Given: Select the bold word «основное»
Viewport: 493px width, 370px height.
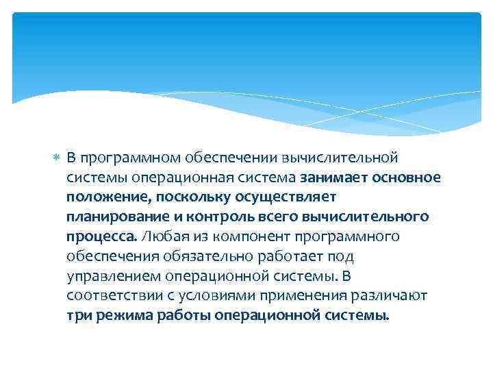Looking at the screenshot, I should [x=407, y=178].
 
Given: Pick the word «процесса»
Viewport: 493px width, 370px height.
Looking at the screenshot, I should [x=101, y=238].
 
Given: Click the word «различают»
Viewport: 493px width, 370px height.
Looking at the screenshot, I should [x=390, y=297].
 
